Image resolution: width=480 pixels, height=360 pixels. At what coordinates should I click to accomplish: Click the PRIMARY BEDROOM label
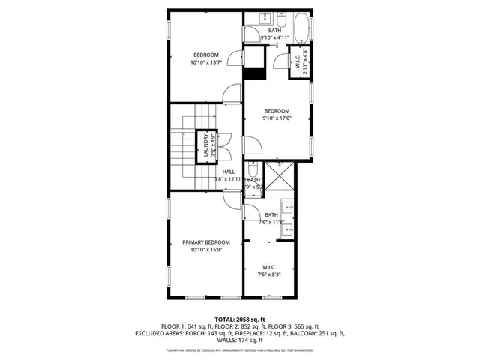tap(206, 241)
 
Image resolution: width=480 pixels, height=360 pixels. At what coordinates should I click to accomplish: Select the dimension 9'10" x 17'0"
tap(277, 118)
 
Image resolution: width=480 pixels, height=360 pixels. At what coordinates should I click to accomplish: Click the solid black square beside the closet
tap(256, 73)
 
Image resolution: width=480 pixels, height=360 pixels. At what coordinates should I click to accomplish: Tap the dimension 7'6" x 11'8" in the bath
tap(271, 222)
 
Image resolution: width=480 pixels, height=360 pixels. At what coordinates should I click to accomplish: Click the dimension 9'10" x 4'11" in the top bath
tap(275, 37)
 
